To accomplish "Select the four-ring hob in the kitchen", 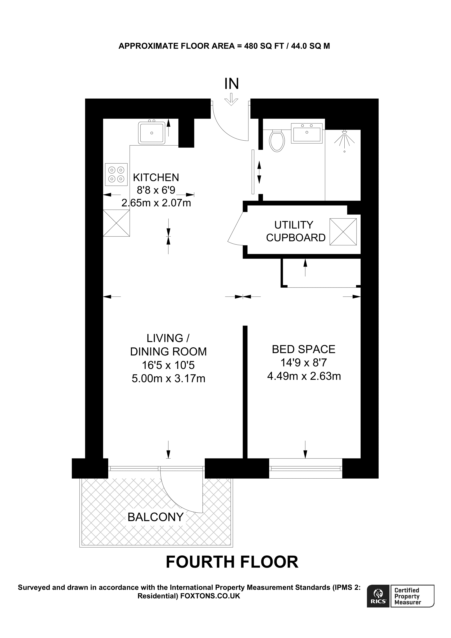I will pyautogui.click(x=116, y=174).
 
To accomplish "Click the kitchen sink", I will pyautogui.click(x=151, y=133).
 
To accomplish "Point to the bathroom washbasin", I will pyautogui.click(x=307, y=134).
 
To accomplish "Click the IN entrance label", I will pyautogui.click(x=231, y=84).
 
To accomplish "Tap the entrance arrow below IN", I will pyautogui.click(x=231, y=99).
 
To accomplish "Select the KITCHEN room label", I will pyautogui.click(x=156, y=177).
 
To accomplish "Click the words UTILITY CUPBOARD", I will pyautogui.click(x=296, y=231).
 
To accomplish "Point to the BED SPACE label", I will pyautogui.click(x=303, y=349).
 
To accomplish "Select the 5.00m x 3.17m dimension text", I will pyautogui.click(x=168, y=379).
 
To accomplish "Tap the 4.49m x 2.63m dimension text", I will pyautogui.click(x=304, y=376).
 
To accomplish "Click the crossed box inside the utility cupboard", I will pyautogui.click(x=343, y=232).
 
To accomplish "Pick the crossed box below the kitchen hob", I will pyautogui.click(x=116, y=223).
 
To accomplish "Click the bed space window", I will pyautogui.click(x=305, y=469).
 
